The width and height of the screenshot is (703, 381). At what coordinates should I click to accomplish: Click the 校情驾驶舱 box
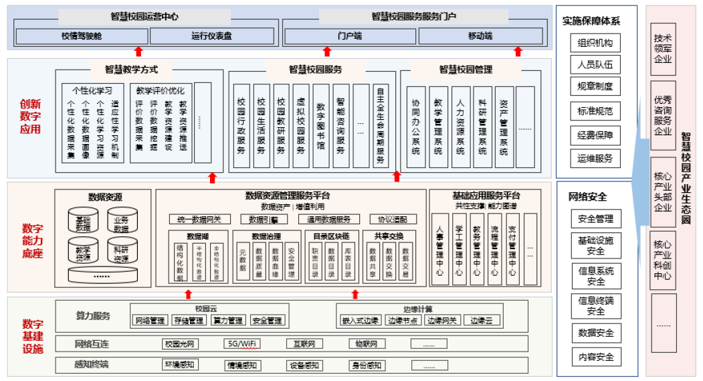pos(82,35)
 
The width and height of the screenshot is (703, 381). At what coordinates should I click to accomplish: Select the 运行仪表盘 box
pos(211,35)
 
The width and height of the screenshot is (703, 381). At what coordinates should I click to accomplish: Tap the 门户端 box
pos(349,35)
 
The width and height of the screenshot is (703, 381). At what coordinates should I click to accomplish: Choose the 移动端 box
pos(480,35)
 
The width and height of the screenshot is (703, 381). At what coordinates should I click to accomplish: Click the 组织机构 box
pos(595,44)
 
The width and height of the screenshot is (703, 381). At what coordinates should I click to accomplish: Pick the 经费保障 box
pos(595,135)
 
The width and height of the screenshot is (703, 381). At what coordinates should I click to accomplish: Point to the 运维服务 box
pos(595,159)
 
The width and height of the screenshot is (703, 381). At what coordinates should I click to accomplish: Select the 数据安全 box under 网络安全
pos(595,333)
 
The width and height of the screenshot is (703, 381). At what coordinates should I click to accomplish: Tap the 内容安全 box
pos(595,357)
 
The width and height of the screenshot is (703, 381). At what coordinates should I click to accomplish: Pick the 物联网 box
pos(367,344)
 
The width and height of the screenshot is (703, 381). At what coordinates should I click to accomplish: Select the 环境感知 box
pos(180,365)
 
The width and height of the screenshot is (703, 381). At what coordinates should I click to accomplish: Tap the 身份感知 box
pos(367,365)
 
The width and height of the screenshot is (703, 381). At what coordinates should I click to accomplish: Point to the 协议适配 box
pos(393,219)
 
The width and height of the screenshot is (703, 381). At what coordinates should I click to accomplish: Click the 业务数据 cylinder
pos(122,223)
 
